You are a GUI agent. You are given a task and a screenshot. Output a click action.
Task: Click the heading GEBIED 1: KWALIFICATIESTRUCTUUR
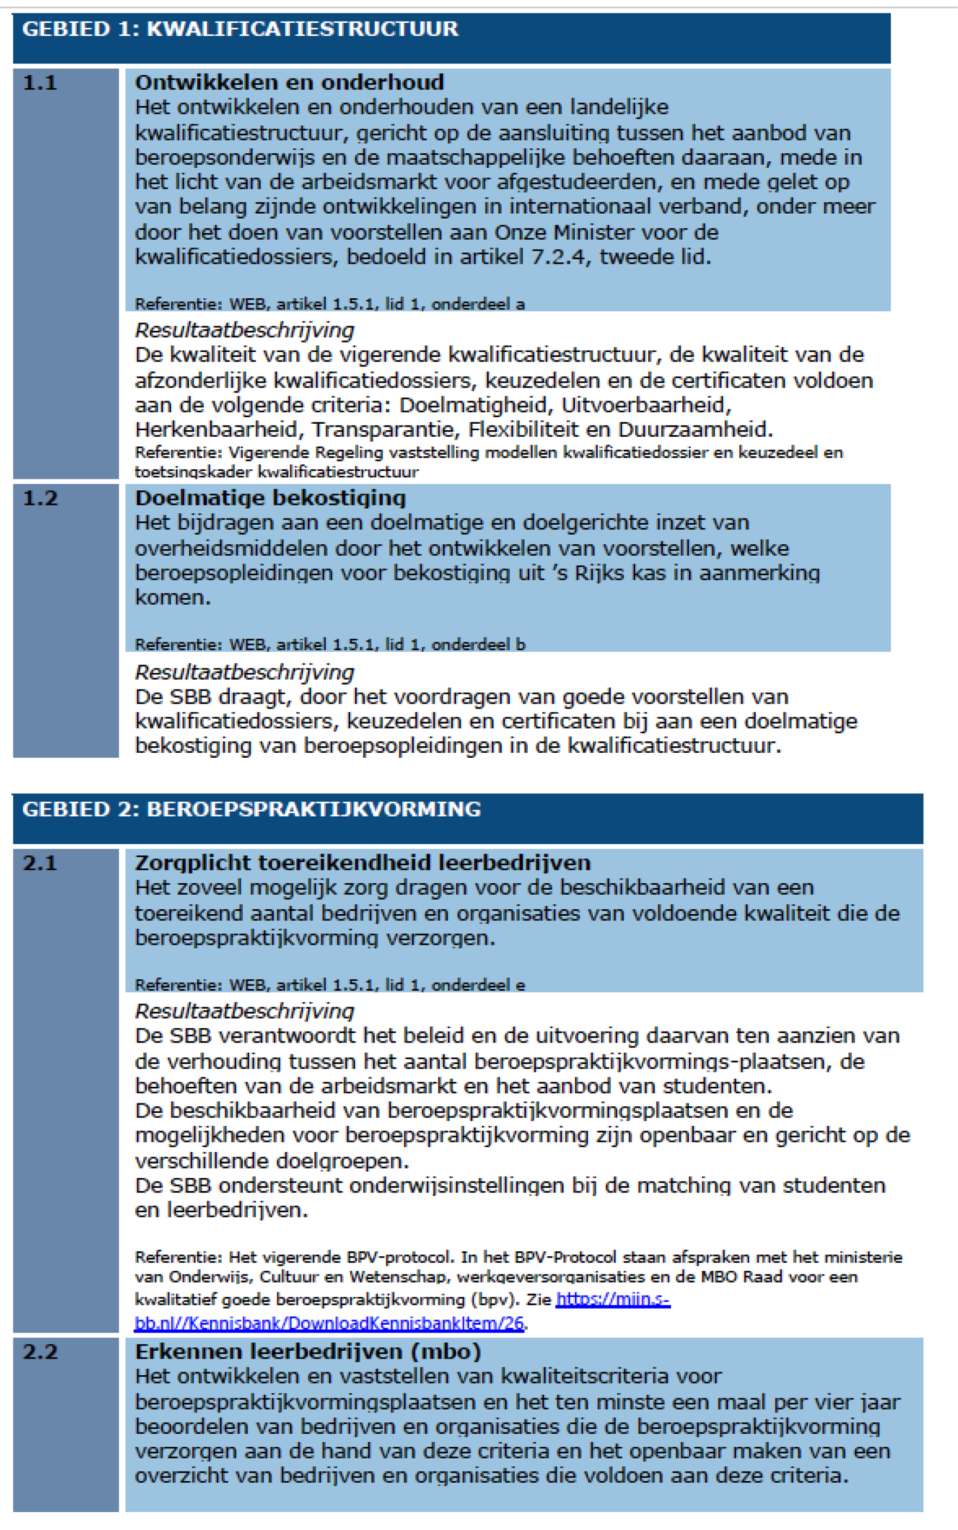click(240, 29)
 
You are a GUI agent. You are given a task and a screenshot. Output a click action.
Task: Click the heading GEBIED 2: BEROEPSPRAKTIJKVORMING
click(251, 810)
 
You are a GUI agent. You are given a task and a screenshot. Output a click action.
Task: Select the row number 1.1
click(40, 83)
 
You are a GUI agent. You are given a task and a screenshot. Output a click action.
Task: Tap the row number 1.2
click(40, 498)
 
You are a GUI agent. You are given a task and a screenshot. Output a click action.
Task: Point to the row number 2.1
click(40, 863)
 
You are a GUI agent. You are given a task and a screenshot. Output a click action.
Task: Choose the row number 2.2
click(40, 1352)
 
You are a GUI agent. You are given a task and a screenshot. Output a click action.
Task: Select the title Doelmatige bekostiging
click(270, 498)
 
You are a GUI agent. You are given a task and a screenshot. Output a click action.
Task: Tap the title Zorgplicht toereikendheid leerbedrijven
click(362, 863)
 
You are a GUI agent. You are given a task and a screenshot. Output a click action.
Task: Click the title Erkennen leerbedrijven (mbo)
click(308, 1352)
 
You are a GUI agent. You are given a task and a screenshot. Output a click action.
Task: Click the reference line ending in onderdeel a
click(329, 304)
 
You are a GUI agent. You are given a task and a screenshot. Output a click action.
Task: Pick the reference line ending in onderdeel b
click(329, 645)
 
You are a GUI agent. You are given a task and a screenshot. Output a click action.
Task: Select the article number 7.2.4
click(561, 257)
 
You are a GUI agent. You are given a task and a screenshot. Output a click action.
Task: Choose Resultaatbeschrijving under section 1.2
click(244, 673)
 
